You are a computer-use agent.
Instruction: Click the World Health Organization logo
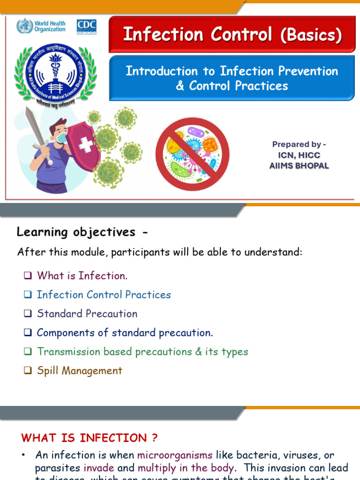click(41, 26)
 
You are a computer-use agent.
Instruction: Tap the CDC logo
click(87, 26)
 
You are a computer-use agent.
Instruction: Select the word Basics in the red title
click(311, 35)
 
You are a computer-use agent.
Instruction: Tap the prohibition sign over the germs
click(192, 154)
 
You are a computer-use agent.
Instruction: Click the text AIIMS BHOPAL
click(299, 166)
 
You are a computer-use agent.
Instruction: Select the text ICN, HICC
click(299, 155)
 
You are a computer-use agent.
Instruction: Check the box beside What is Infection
click(28, 276)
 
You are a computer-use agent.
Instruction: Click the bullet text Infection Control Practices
click(104, 295)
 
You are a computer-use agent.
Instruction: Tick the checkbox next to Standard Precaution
click(28, 314)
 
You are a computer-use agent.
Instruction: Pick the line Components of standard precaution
click(125, 333)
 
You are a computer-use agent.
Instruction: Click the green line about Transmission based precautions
click(142, 352)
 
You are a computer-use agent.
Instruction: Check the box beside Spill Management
click(28, 371)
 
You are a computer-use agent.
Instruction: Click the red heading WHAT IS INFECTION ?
click(90, 438)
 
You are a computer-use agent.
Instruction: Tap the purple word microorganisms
click(175, 455)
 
